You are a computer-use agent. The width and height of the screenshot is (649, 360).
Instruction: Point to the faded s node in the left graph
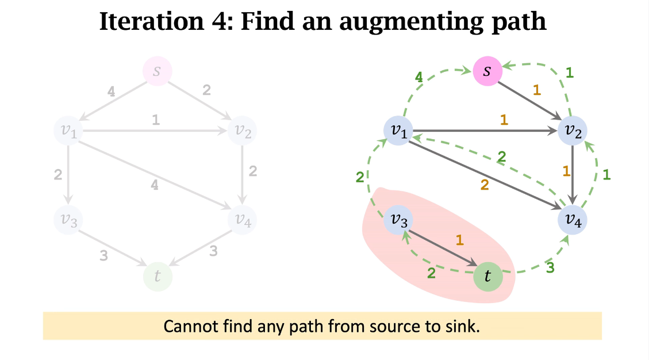[157, 72]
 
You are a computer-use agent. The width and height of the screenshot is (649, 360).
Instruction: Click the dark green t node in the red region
[487, 277]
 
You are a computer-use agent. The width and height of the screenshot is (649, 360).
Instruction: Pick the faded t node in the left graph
[158, 277]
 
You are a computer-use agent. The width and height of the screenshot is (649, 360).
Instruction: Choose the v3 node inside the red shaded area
[399, 219]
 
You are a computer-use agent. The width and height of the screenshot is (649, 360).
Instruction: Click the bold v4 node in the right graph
[573, 219]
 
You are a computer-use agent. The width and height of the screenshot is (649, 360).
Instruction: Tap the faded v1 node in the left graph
[68, 131]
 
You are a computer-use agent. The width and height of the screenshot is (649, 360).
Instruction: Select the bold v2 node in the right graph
[573, 131]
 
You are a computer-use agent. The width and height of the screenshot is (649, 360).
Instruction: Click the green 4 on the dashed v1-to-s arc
[419, 76]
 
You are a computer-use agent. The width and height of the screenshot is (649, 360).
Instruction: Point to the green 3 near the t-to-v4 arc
[550, 268]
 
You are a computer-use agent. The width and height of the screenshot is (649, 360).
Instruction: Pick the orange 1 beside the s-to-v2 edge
[537, 90]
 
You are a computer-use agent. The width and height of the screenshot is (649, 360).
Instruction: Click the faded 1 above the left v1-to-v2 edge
[155, 120]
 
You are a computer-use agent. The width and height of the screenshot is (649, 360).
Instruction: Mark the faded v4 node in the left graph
[242, 219]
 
